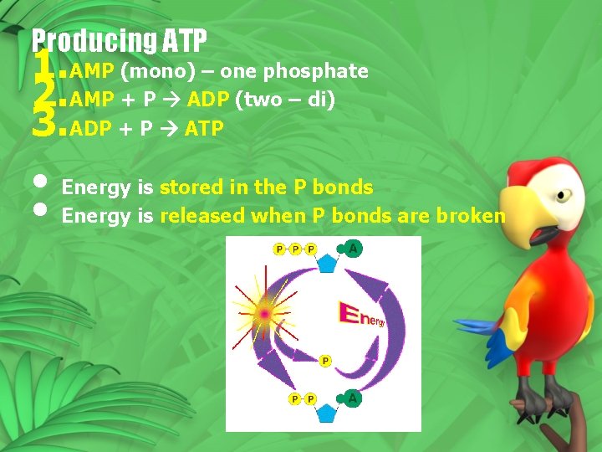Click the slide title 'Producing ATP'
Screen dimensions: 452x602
coord(119,39)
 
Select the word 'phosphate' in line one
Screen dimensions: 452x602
coord(327,71)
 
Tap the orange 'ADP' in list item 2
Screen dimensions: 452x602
coord(210,100)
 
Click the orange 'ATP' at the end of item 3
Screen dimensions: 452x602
coord(203,130)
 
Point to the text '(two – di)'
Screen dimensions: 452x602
coord(285,100)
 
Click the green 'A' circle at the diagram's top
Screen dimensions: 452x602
coord(354,249)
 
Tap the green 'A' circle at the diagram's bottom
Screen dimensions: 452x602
coord(354,398)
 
